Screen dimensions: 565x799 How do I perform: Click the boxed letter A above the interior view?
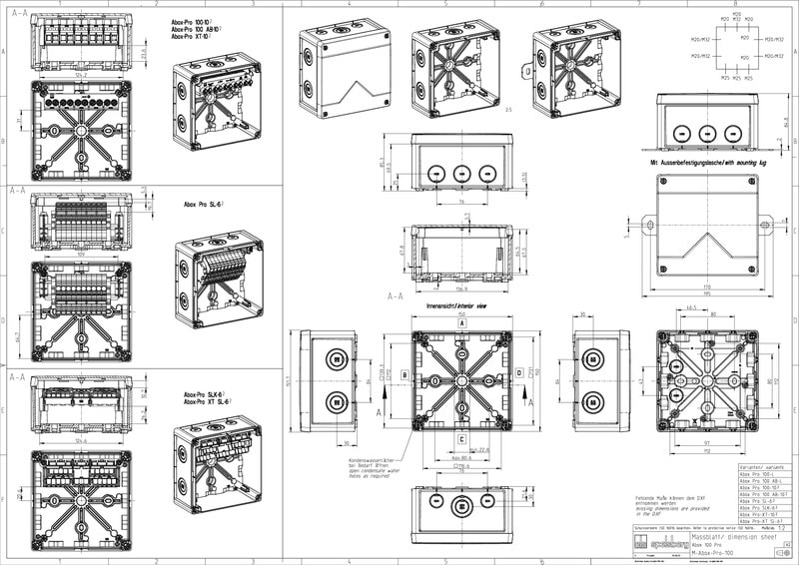coord(462,324)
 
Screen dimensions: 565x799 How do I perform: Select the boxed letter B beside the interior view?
coord(404,375)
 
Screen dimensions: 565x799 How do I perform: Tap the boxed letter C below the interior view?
coord(462,438)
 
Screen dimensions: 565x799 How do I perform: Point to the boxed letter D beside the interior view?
coord(519,373)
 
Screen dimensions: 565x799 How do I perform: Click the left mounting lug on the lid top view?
coord(646,223)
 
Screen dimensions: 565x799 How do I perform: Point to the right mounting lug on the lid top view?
coord(769,223)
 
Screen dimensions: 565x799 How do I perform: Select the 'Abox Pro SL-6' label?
coord(204,204)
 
